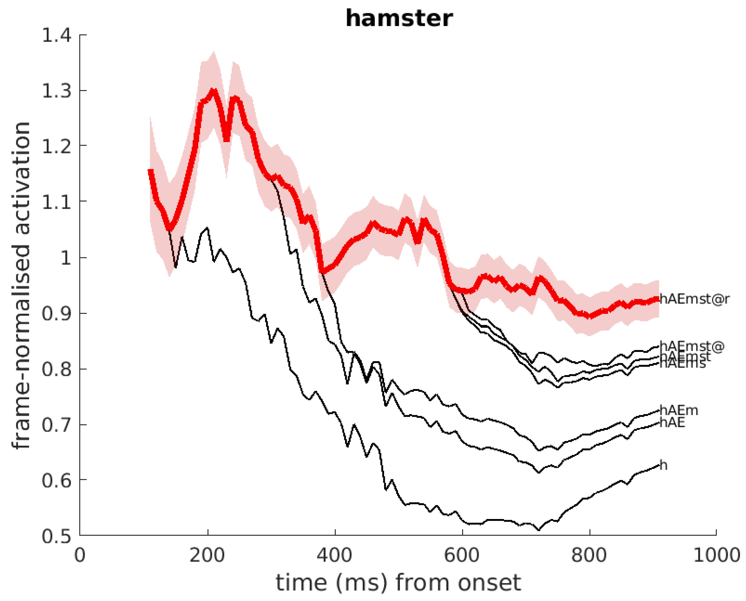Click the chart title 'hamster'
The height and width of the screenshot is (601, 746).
[399, 19]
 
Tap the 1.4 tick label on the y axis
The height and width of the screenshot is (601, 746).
[57, 35]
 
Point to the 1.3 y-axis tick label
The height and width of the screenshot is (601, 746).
[57, 91]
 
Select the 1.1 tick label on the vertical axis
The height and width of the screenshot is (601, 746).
[57, 202]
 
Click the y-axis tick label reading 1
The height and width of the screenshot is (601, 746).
[66, 258]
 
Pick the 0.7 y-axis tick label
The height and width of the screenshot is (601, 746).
[57, 425]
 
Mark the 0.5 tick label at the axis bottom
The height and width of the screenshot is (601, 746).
[57, 536]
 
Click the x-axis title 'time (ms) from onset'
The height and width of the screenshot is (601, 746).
[398, 583]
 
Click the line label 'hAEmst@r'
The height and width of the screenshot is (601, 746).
[694, 299]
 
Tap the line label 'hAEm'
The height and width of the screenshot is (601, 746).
[679, 410]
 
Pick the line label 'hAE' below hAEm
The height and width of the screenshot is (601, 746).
[672, 422]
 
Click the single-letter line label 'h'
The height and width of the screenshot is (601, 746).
[663, 465]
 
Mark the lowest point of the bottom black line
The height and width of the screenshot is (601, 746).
[539, 529]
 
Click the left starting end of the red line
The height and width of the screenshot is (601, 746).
[150, 171]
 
